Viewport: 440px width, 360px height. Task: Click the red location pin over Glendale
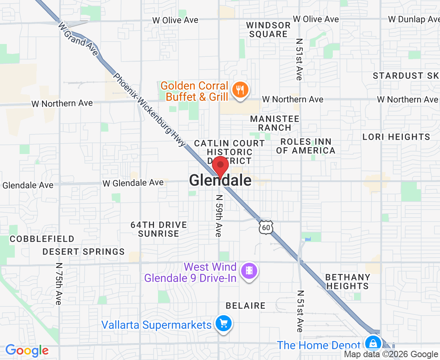coord(220,167)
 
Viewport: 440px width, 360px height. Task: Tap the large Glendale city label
coord(220,181)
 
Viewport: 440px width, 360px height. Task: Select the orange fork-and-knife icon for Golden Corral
coord(240,90)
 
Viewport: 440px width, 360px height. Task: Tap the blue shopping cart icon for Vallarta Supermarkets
coord(223,323)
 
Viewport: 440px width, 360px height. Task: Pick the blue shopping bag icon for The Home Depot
coord(373,343)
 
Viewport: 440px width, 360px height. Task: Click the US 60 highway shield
coord(266,227)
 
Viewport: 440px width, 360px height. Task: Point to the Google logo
coord(27,351)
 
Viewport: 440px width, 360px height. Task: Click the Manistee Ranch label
coord(274,123)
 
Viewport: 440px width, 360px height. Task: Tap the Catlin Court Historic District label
coord(229,152)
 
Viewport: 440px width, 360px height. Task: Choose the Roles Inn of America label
coord(306,146)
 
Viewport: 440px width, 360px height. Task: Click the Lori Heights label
coord(396,137)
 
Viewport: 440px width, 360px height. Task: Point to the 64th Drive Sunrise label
coord(159,229)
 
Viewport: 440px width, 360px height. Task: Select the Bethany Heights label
coord(347,282)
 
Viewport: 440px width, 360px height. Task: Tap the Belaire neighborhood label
coord(246,306)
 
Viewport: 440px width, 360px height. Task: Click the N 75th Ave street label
coord(59,284)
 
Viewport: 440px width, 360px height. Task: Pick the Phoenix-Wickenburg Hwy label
coord(150,110)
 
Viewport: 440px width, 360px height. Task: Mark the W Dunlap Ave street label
coord(414,19)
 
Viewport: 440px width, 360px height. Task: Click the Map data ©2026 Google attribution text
coord(391,354)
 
